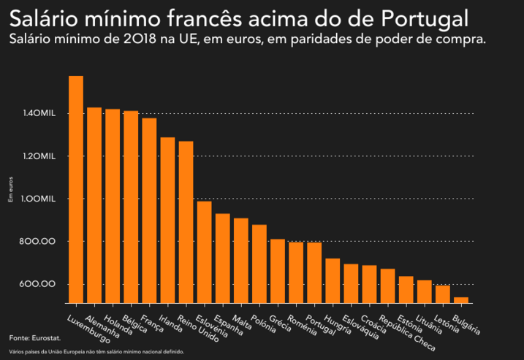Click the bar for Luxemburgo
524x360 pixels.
click(76, 189)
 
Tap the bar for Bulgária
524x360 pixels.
click(461, 299)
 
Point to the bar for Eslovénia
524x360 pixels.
click(204, 252)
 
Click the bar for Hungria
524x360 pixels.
click(333, 280)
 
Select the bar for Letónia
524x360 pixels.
click(443, 294)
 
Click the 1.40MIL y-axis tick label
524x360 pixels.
click(40, 114)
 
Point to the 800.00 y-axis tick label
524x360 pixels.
click(39, 242)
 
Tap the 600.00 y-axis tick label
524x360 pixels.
click(39, 284)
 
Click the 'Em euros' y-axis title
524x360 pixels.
click(10, 188)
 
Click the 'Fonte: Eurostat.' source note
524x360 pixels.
click(34, 338)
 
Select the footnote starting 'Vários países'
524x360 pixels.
click(96, 352)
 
